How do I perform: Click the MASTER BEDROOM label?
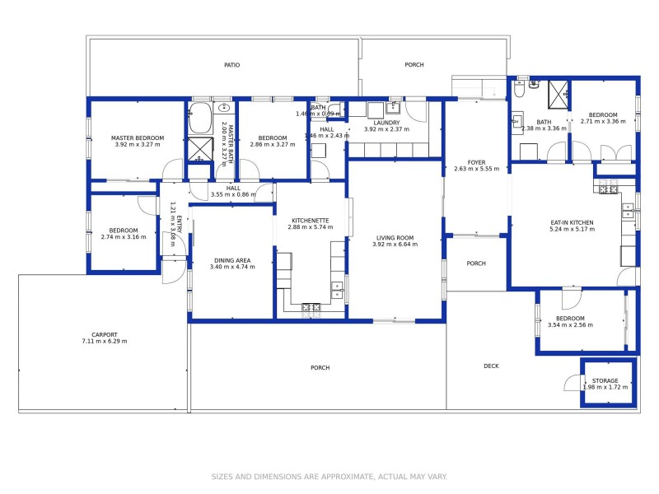click(138, 137)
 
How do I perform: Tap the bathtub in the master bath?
click(200, 119)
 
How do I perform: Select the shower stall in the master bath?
click(200, 148)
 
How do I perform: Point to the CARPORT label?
click(105, 334)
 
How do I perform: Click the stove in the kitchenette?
click(311, 308)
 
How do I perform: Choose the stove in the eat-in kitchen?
click(608, 190)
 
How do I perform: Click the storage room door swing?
click(572, 384)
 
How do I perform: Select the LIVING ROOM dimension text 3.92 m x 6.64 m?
click(393, 245)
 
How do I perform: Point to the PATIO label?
click(232, 65)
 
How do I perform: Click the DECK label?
click(491, 366)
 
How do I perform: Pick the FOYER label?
click(477, 162)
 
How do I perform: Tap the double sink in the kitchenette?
click(338, 289)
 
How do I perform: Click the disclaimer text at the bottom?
click(329, 476)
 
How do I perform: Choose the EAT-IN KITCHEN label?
click(572, 222)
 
